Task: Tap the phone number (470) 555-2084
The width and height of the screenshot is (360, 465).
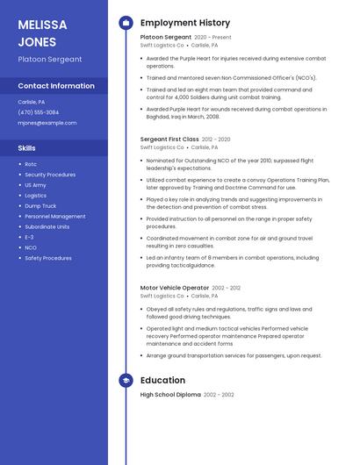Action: click(39, 112)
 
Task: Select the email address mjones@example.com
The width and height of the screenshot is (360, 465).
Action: click(47, 123)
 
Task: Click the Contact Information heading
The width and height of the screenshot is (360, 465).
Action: click(56, 86)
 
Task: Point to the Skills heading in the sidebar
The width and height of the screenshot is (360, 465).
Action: click(27, 148)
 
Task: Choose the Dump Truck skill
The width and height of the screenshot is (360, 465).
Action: click(40, 205)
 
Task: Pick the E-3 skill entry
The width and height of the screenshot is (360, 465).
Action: click(29, 237)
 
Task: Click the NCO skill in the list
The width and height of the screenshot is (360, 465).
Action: click(31, 247)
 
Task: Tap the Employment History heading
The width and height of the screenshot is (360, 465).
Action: click(185, 23)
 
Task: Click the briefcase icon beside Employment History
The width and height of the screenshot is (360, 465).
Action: click(126, 23)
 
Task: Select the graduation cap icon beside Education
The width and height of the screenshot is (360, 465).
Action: click(126, 380)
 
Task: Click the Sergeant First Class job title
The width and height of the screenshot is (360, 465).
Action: click(169, 139)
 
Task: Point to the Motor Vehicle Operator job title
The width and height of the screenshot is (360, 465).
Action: click(175, 288)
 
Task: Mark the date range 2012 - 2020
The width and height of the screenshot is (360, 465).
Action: click(216, 139)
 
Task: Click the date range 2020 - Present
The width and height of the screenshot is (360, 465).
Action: click(213, 38)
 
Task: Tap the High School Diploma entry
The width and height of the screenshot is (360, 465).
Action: click(170, 395)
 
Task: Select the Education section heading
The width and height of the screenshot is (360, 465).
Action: click(162, 380)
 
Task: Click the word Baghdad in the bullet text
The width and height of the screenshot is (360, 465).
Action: click(160, 116)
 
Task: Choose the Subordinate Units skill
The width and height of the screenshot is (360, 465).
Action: click(47, 226)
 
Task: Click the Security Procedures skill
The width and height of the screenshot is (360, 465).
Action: click(50, 175)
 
